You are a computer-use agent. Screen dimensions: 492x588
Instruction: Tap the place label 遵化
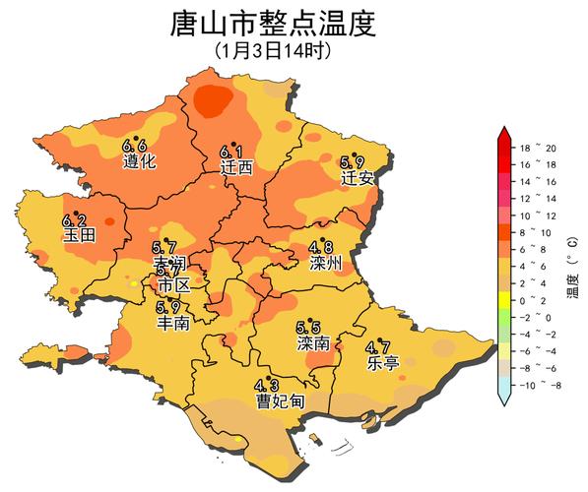139,161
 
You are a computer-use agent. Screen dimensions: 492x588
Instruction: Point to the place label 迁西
236,167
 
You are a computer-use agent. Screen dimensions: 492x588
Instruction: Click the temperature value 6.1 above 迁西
231,153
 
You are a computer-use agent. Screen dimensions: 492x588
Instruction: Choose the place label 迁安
357,178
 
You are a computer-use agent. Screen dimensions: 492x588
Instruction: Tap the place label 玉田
78,235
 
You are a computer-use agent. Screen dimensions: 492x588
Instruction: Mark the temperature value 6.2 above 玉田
74,220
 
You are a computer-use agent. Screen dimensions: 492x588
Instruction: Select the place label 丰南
173,322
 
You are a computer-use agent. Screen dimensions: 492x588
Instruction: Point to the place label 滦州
325,263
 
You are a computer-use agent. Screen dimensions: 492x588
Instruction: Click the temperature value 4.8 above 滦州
320,248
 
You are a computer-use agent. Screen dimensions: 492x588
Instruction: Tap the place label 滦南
312,343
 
